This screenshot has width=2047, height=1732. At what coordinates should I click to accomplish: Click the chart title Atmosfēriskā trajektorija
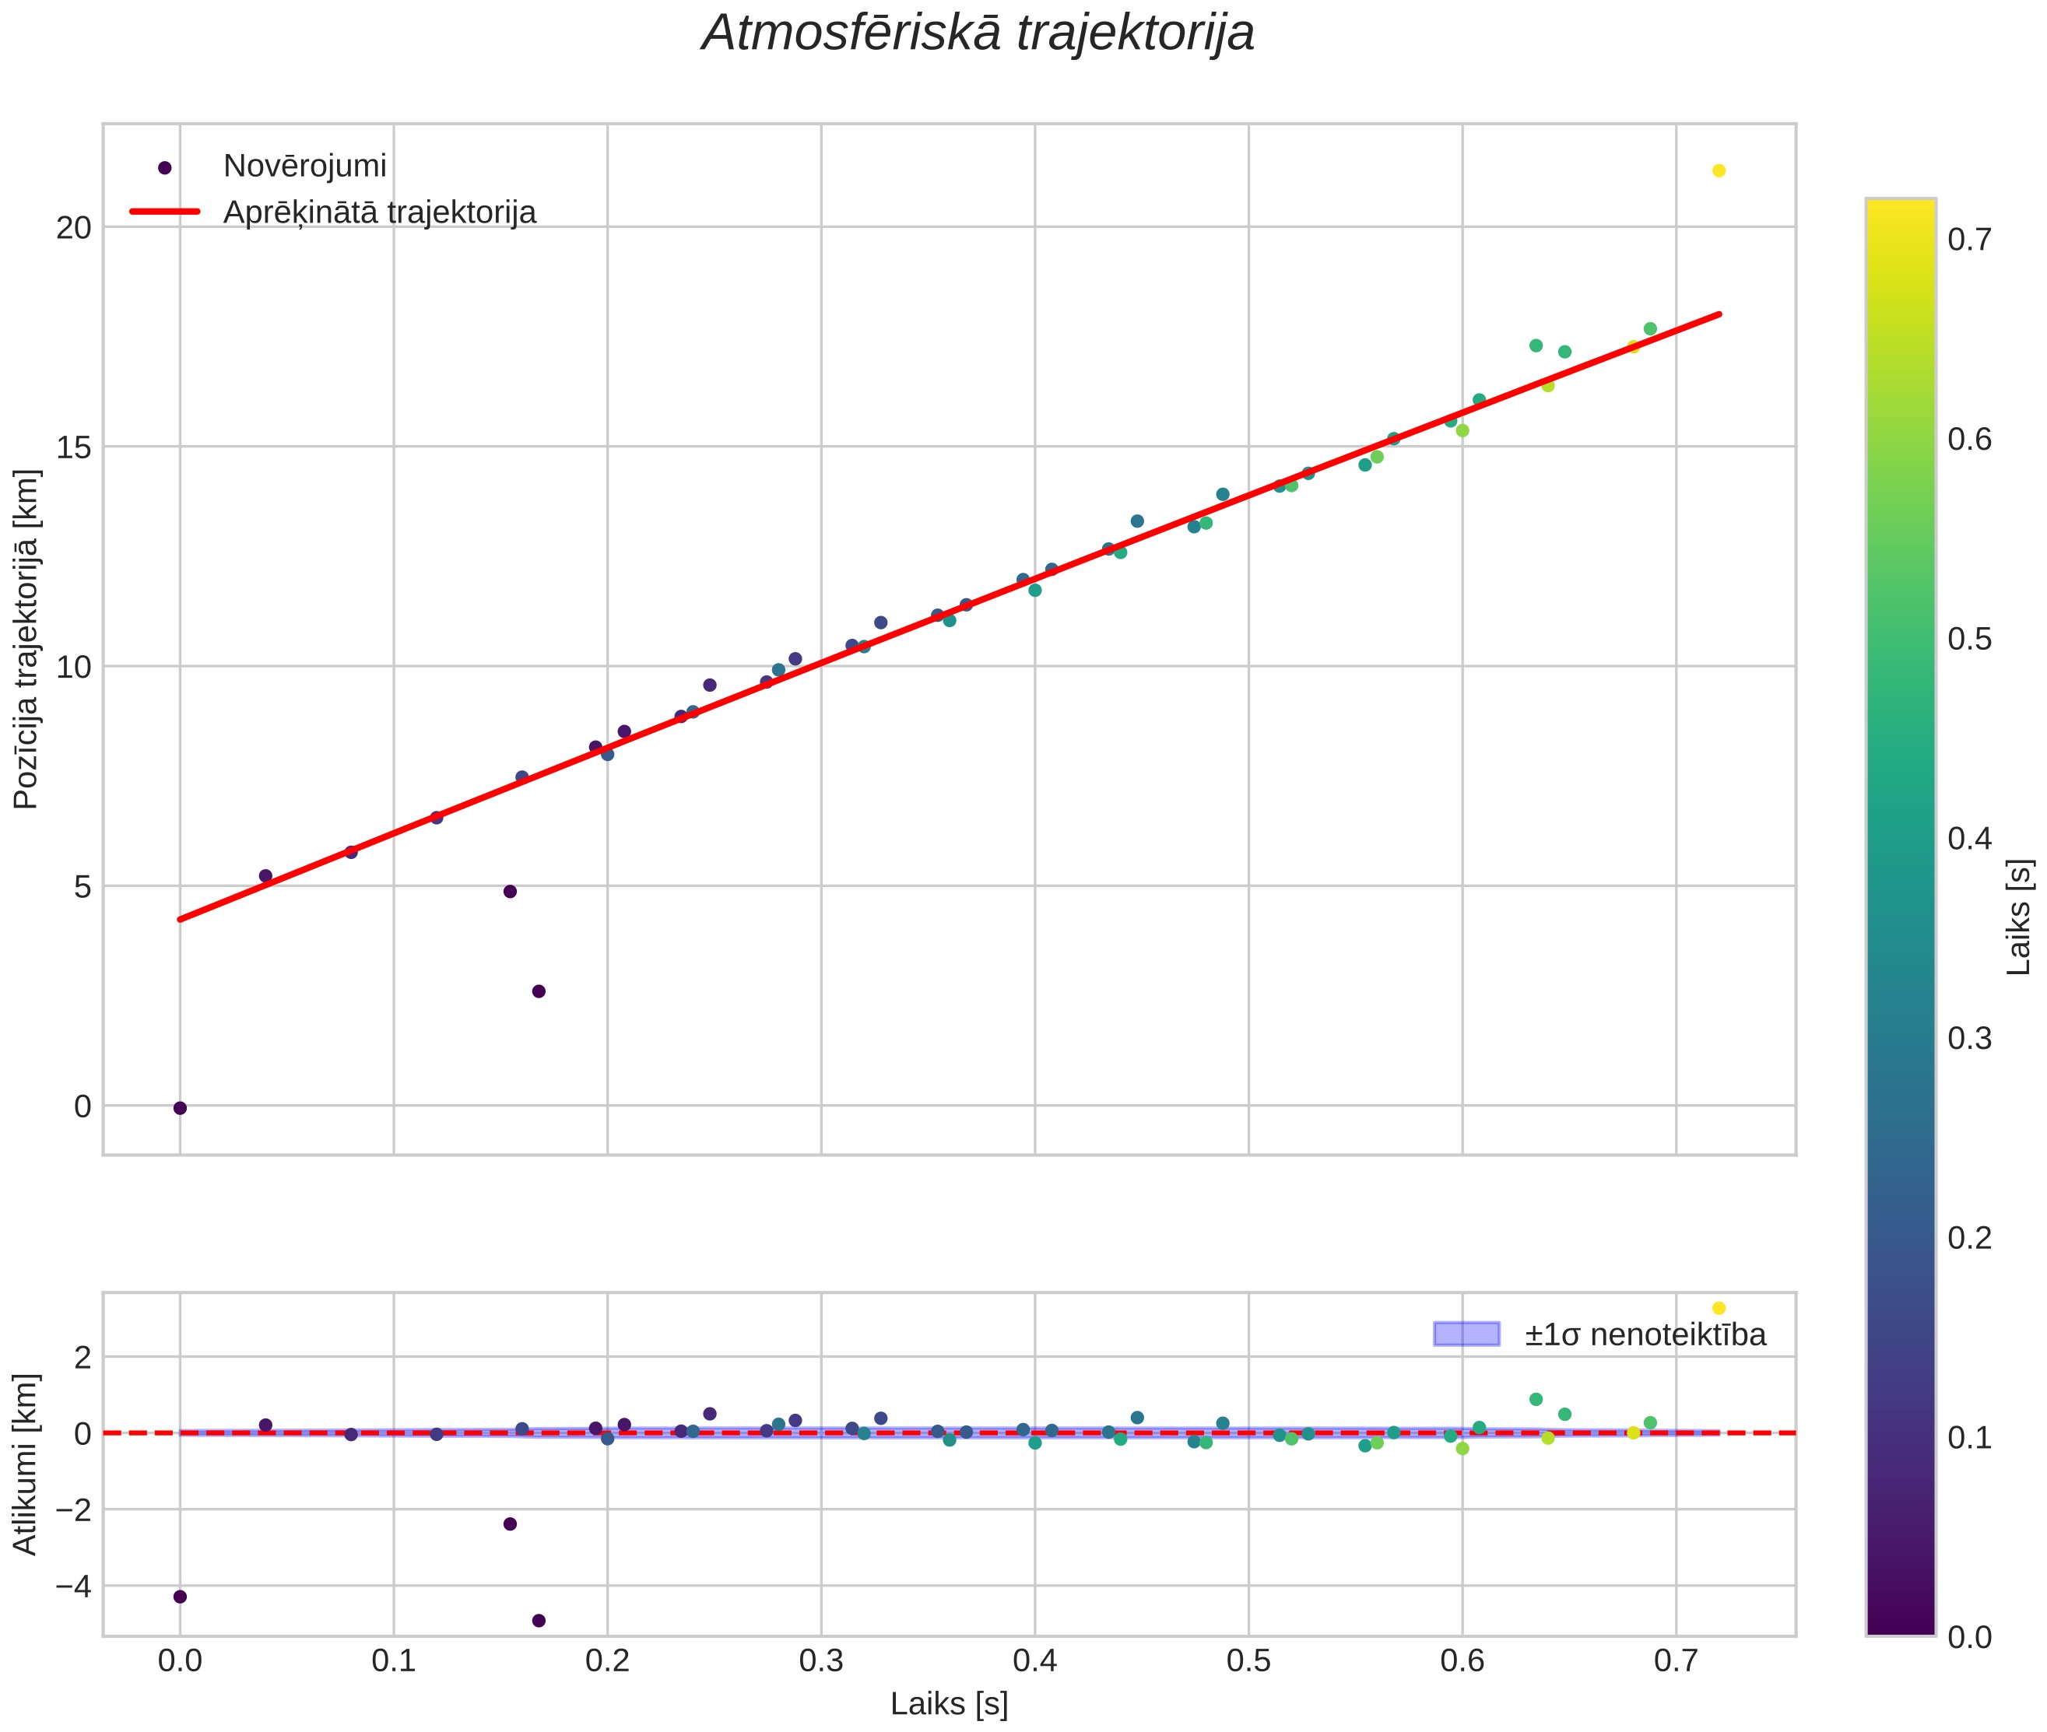pyautogui.click(x=978, y=33)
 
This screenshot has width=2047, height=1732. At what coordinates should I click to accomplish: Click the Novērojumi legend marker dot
pyautogui.click(x=165, y=168)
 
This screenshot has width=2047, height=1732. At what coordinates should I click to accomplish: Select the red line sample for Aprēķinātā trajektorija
pyautogui.click(x=165, y=212)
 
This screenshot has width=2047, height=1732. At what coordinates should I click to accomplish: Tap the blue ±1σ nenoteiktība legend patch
pyautogui.click(x=1466, y=1334)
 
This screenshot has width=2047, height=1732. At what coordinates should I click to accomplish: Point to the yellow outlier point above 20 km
pyautogui.click(x=1719, y=170)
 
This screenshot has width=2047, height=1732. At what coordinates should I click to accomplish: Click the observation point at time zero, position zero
pyautogui.click(x=180, y=1107)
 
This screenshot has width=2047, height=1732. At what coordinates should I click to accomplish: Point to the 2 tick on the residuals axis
pyautogui.click(x=83, y=1358)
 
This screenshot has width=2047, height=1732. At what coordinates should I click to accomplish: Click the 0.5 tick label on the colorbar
pyautogui.click(x=1969, y=640)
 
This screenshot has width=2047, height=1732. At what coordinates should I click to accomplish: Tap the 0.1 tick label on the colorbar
pyautogui.click(x=1969, y=1439)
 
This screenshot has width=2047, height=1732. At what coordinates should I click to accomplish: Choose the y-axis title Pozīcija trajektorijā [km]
pyautogui.click(x=26, y=640)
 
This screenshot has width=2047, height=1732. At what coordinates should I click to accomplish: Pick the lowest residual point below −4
pyautogui.click(x=539, y=1620)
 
